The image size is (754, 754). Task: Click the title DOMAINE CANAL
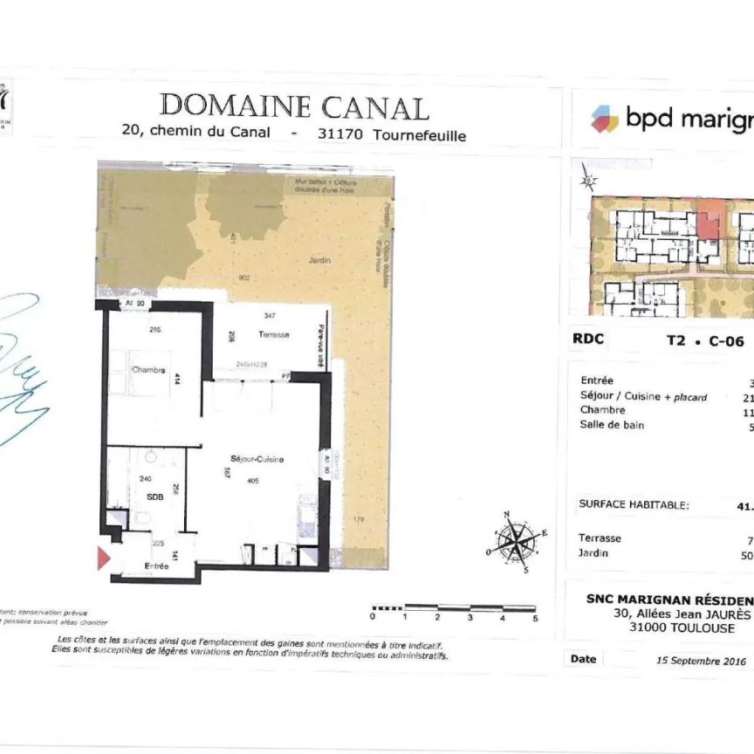[294, 106]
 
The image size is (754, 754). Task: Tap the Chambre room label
[148, 370]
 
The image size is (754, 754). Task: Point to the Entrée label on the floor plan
[157, 567]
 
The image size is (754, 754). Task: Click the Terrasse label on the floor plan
[273, 335]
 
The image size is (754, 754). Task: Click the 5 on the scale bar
[535, 617]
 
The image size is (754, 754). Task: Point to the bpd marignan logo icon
[604, 118]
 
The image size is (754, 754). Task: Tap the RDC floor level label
[588, 340]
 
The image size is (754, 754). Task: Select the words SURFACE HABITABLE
[634, 504]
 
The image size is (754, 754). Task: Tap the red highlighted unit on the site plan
[707, 223]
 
